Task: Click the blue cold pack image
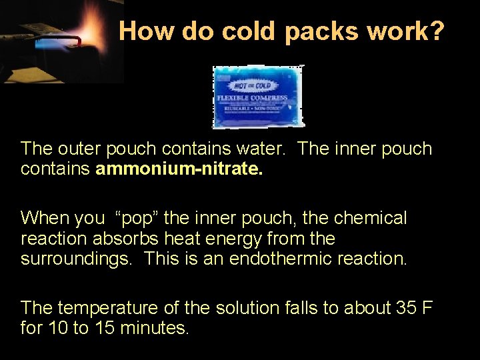click(259, 97)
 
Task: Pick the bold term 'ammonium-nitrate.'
click(179, 169)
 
